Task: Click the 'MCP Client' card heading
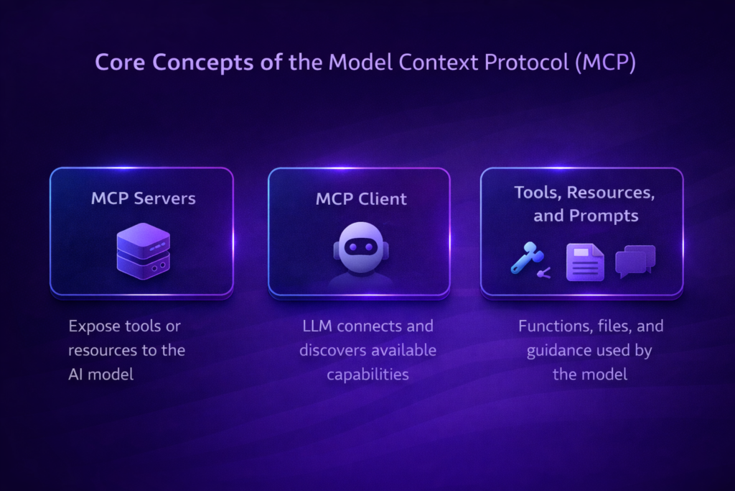tap(361, 198)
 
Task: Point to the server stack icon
tap(143, 251)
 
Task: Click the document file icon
tap(585, 262)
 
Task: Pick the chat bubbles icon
tap(635, 261)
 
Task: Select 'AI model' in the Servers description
tap(101, 375)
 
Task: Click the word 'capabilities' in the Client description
tap(367, 375)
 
